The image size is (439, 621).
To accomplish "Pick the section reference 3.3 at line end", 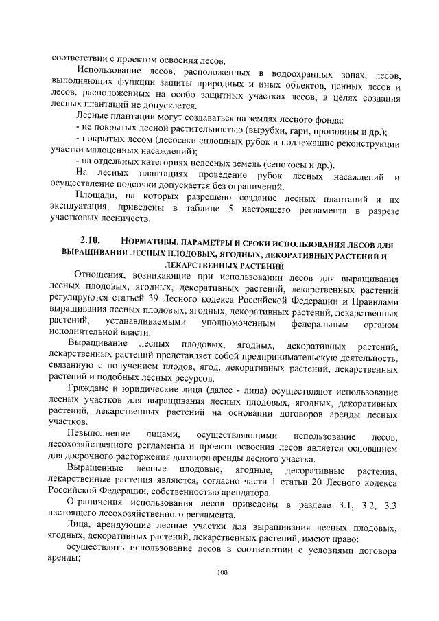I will click(x=390, y=506).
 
